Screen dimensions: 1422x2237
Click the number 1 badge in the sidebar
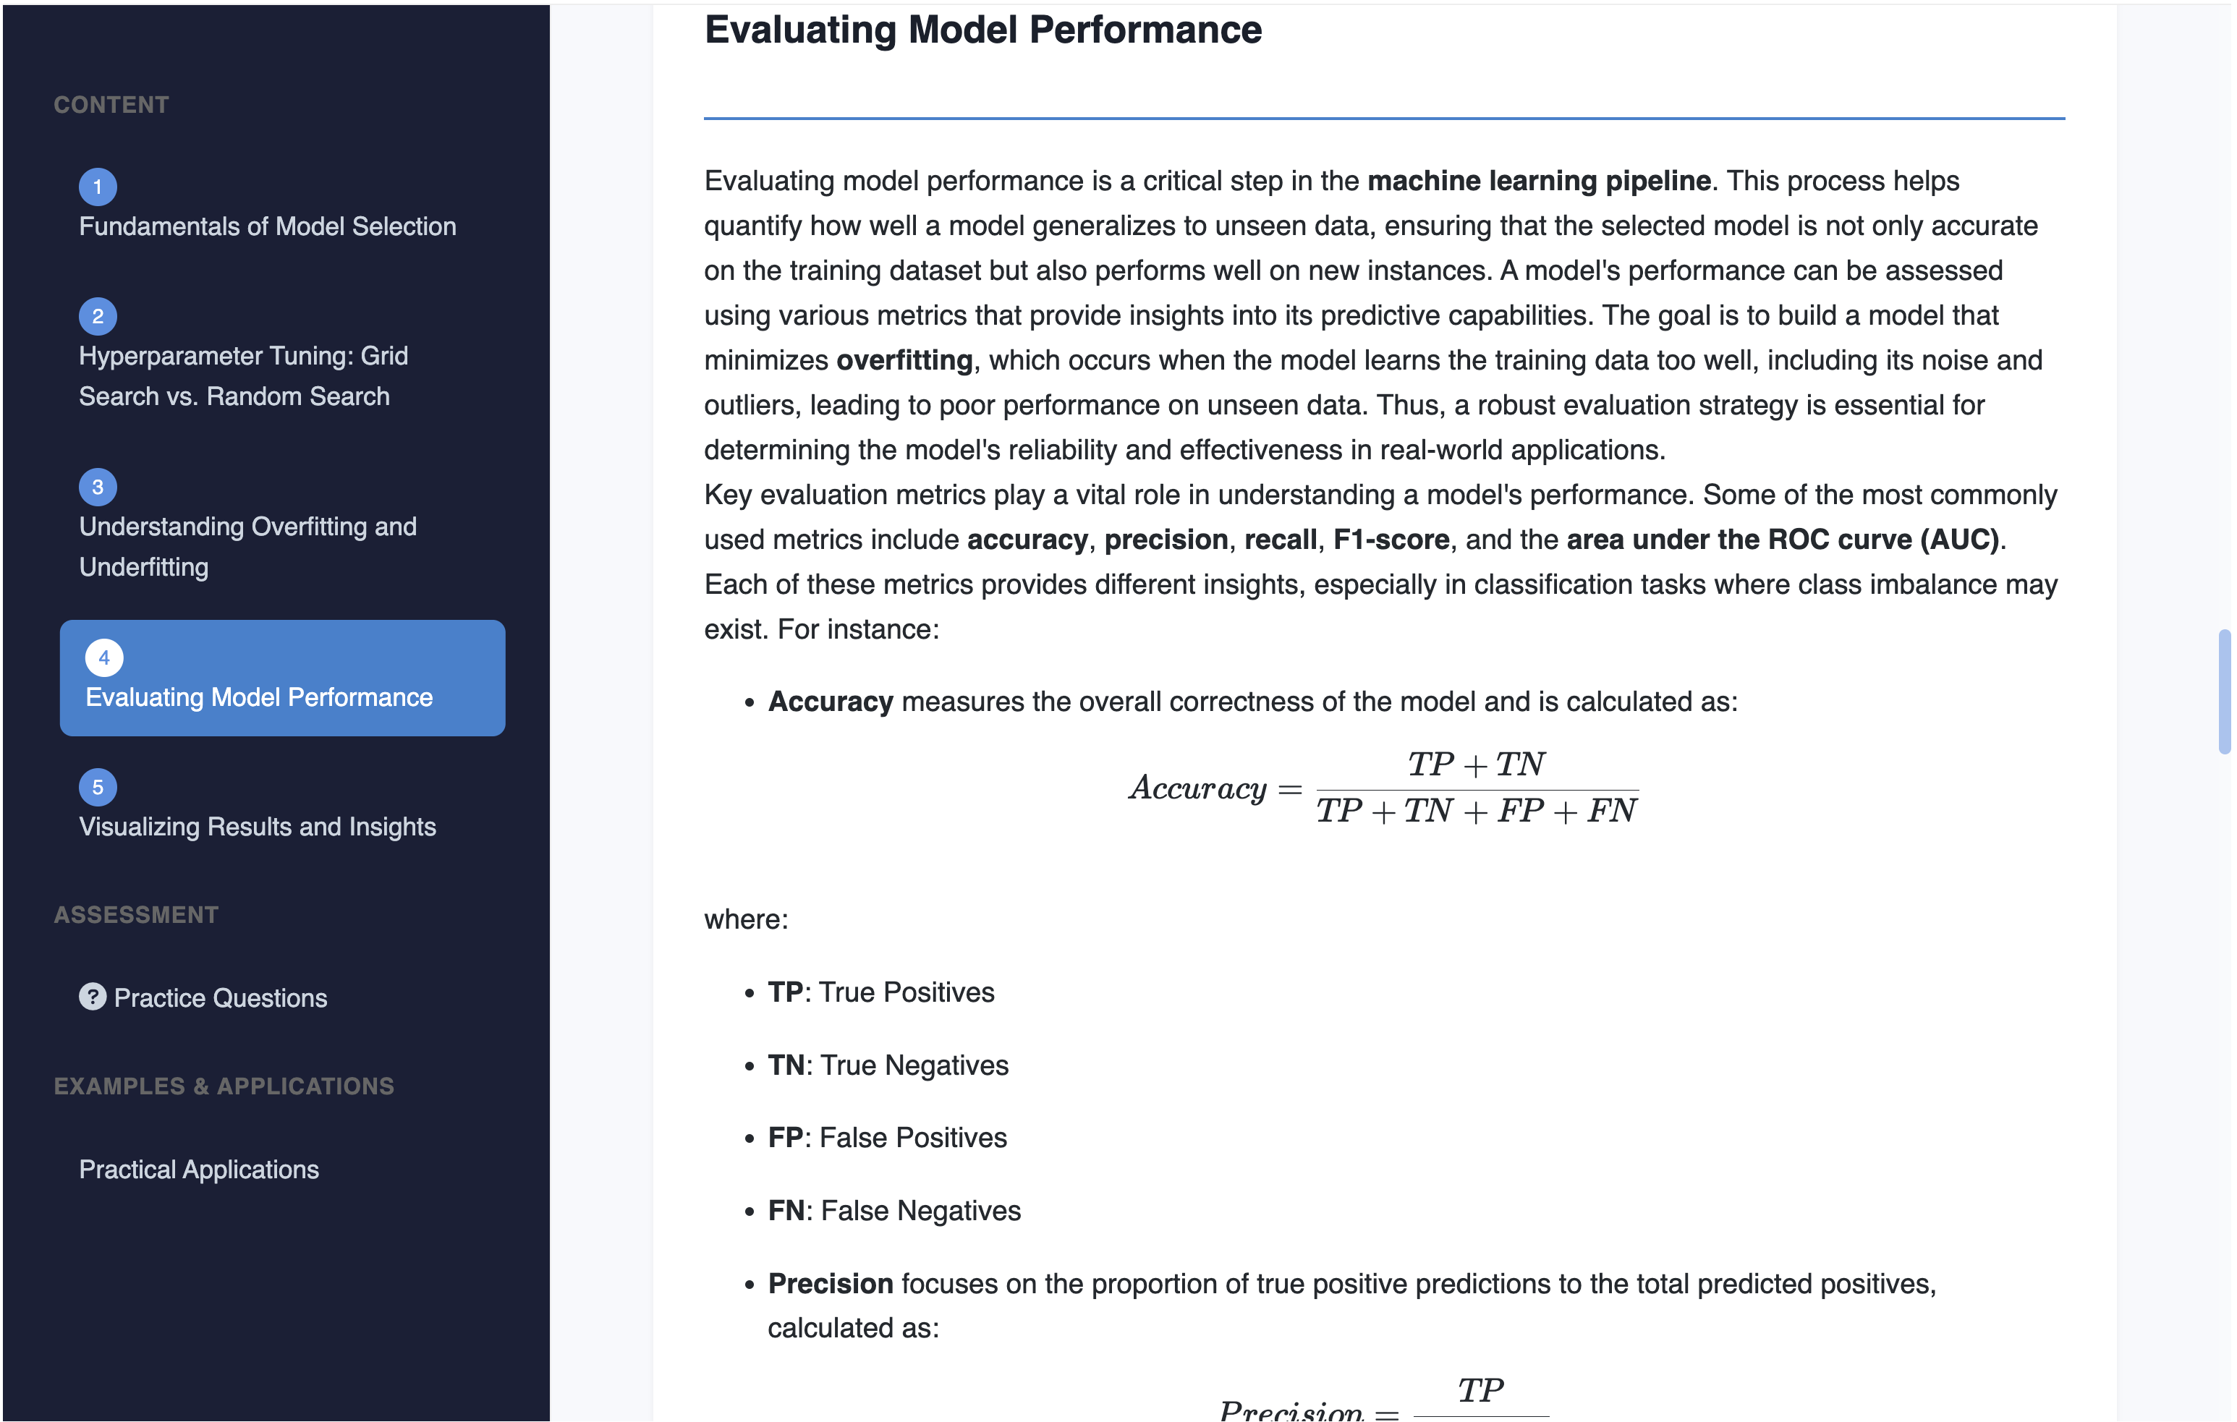98,187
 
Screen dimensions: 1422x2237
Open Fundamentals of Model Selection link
267,226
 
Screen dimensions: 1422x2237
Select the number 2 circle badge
98,317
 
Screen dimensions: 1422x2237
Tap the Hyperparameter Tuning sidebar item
242,376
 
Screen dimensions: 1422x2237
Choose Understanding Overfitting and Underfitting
247,546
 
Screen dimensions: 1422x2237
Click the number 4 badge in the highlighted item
104,657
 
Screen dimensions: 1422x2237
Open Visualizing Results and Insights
258,827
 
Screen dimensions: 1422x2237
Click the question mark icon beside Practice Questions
92,997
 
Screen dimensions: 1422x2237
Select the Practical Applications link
199,1170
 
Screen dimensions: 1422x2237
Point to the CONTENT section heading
111,105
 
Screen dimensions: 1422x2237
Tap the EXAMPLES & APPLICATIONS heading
224,1086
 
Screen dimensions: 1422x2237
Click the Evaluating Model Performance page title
983,30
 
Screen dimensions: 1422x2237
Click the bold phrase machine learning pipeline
1538,181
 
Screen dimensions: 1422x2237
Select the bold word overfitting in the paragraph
904,360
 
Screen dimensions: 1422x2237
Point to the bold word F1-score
1391,540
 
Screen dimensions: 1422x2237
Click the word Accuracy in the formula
1197,788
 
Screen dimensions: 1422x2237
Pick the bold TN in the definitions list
785,1065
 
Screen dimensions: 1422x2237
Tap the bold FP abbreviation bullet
785,1138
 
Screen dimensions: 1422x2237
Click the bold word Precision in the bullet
830,1284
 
